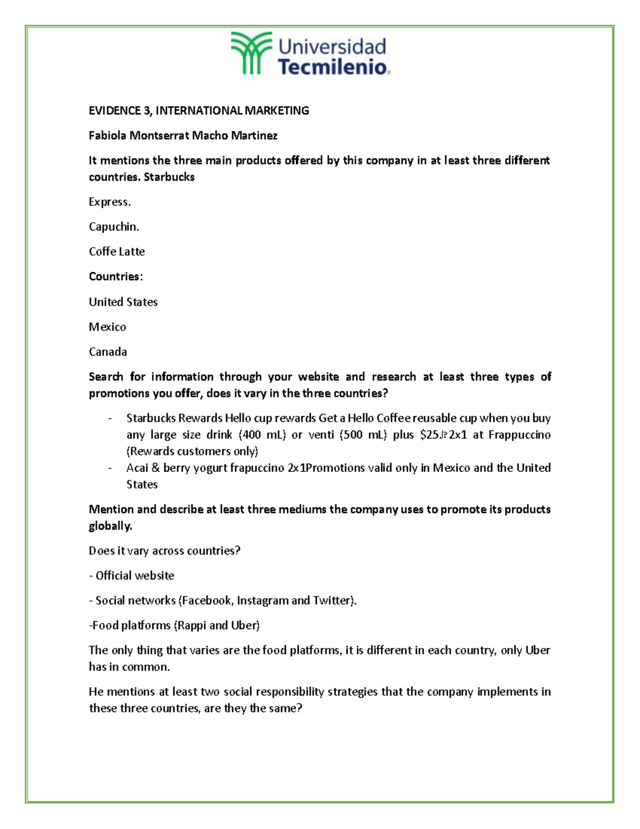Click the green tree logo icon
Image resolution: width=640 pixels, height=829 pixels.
click(x=251, y=52)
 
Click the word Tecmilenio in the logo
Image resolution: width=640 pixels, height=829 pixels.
click(x=333, y=67)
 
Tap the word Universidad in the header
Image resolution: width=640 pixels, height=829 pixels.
click(x=332, y=46)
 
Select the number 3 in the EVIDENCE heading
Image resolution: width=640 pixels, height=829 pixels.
click(x=146, y=110)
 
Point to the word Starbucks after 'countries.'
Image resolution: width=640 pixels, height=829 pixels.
click(x=169, y=177)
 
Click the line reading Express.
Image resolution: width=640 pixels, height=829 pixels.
click(x=109, y=202)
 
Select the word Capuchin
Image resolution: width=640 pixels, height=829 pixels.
click(x=114, y=227)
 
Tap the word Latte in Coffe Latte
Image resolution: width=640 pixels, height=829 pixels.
click(x=132, y=251)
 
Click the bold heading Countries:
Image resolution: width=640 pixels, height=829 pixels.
click(x=116, y=277)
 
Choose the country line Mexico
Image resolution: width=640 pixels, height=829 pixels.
click(x=107, y=327)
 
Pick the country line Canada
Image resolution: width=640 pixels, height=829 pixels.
click(x=108, y=352)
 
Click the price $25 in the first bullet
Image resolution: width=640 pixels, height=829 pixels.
click(x=430, y=435)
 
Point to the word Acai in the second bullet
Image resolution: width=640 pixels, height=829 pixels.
click(x=137, y=468)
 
